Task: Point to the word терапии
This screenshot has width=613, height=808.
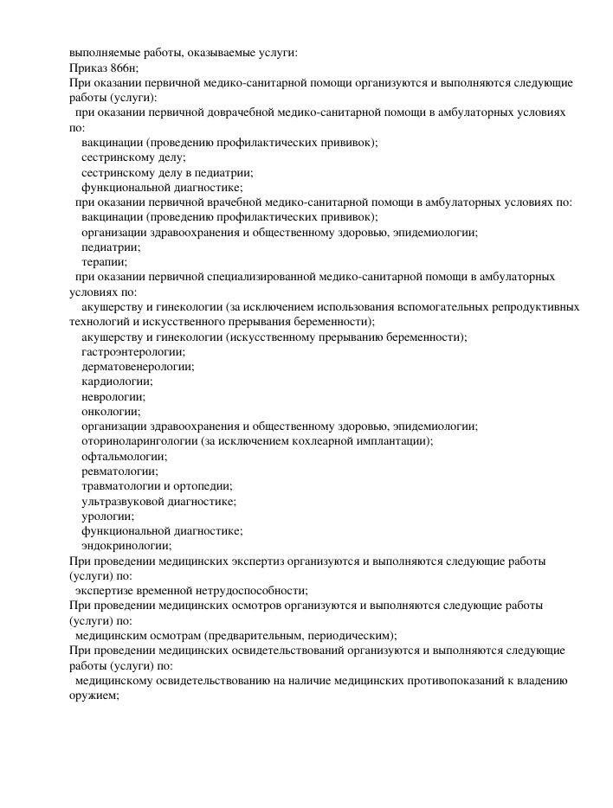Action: [x=104, y=262]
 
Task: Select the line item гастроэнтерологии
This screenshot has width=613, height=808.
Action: [x=133, y=352]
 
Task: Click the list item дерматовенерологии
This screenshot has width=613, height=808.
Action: [x=138, y=367]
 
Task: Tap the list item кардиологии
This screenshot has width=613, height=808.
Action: [x=117, y=382]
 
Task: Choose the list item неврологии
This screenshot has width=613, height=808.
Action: [x=113, y=396]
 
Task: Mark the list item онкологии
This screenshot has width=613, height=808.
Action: [x=111, y=412]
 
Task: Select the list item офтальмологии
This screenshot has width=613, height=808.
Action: [x=125, y=456]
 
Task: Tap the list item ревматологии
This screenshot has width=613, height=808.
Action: [x=119, y=471]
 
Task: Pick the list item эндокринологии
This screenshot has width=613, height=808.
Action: [x=126, y=546]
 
